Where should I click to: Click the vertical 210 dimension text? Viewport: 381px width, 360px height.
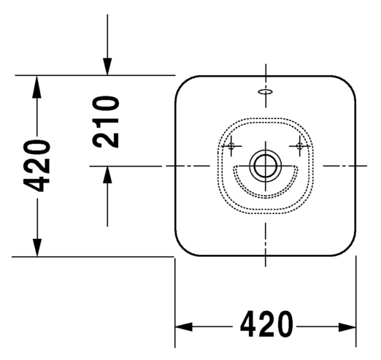coord(106,122)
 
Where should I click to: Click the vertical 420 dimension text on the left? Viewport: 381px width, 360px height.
coord(36,166)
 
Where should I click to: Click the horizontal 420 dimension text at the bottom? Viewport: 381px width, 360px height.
coord(266,323)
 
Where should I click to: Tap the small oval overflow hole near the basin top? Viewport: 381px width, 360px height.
coord(266,92)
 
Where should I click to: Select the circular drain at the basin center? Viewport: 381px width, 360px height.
coord(266,166)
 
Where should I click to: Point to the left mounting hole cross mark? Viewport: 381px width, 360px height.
coord(231,146)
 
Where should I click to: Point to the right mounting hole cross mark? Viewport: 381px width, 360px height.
coord(299,146)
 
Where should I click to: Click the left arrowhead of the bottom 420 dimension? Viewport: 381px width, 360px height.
coord(183,327)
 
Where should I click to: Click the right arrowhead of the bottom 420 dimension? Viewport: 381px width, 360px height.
coord(347,327)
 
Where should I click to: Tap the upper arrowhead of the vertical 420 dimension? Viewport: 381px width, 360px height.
coord(36,87)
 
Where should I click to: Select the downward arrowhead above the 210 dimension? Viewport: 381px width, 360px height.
coord(107,66)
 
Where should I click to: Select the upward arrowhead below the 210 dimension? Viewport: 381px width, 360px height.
coord(107,175)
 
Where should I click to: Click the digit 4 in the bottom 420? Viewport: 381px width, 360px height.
coord(249,323)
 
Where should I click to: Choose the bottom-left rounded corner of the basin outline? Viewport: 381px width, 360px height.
coord(184,248)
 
